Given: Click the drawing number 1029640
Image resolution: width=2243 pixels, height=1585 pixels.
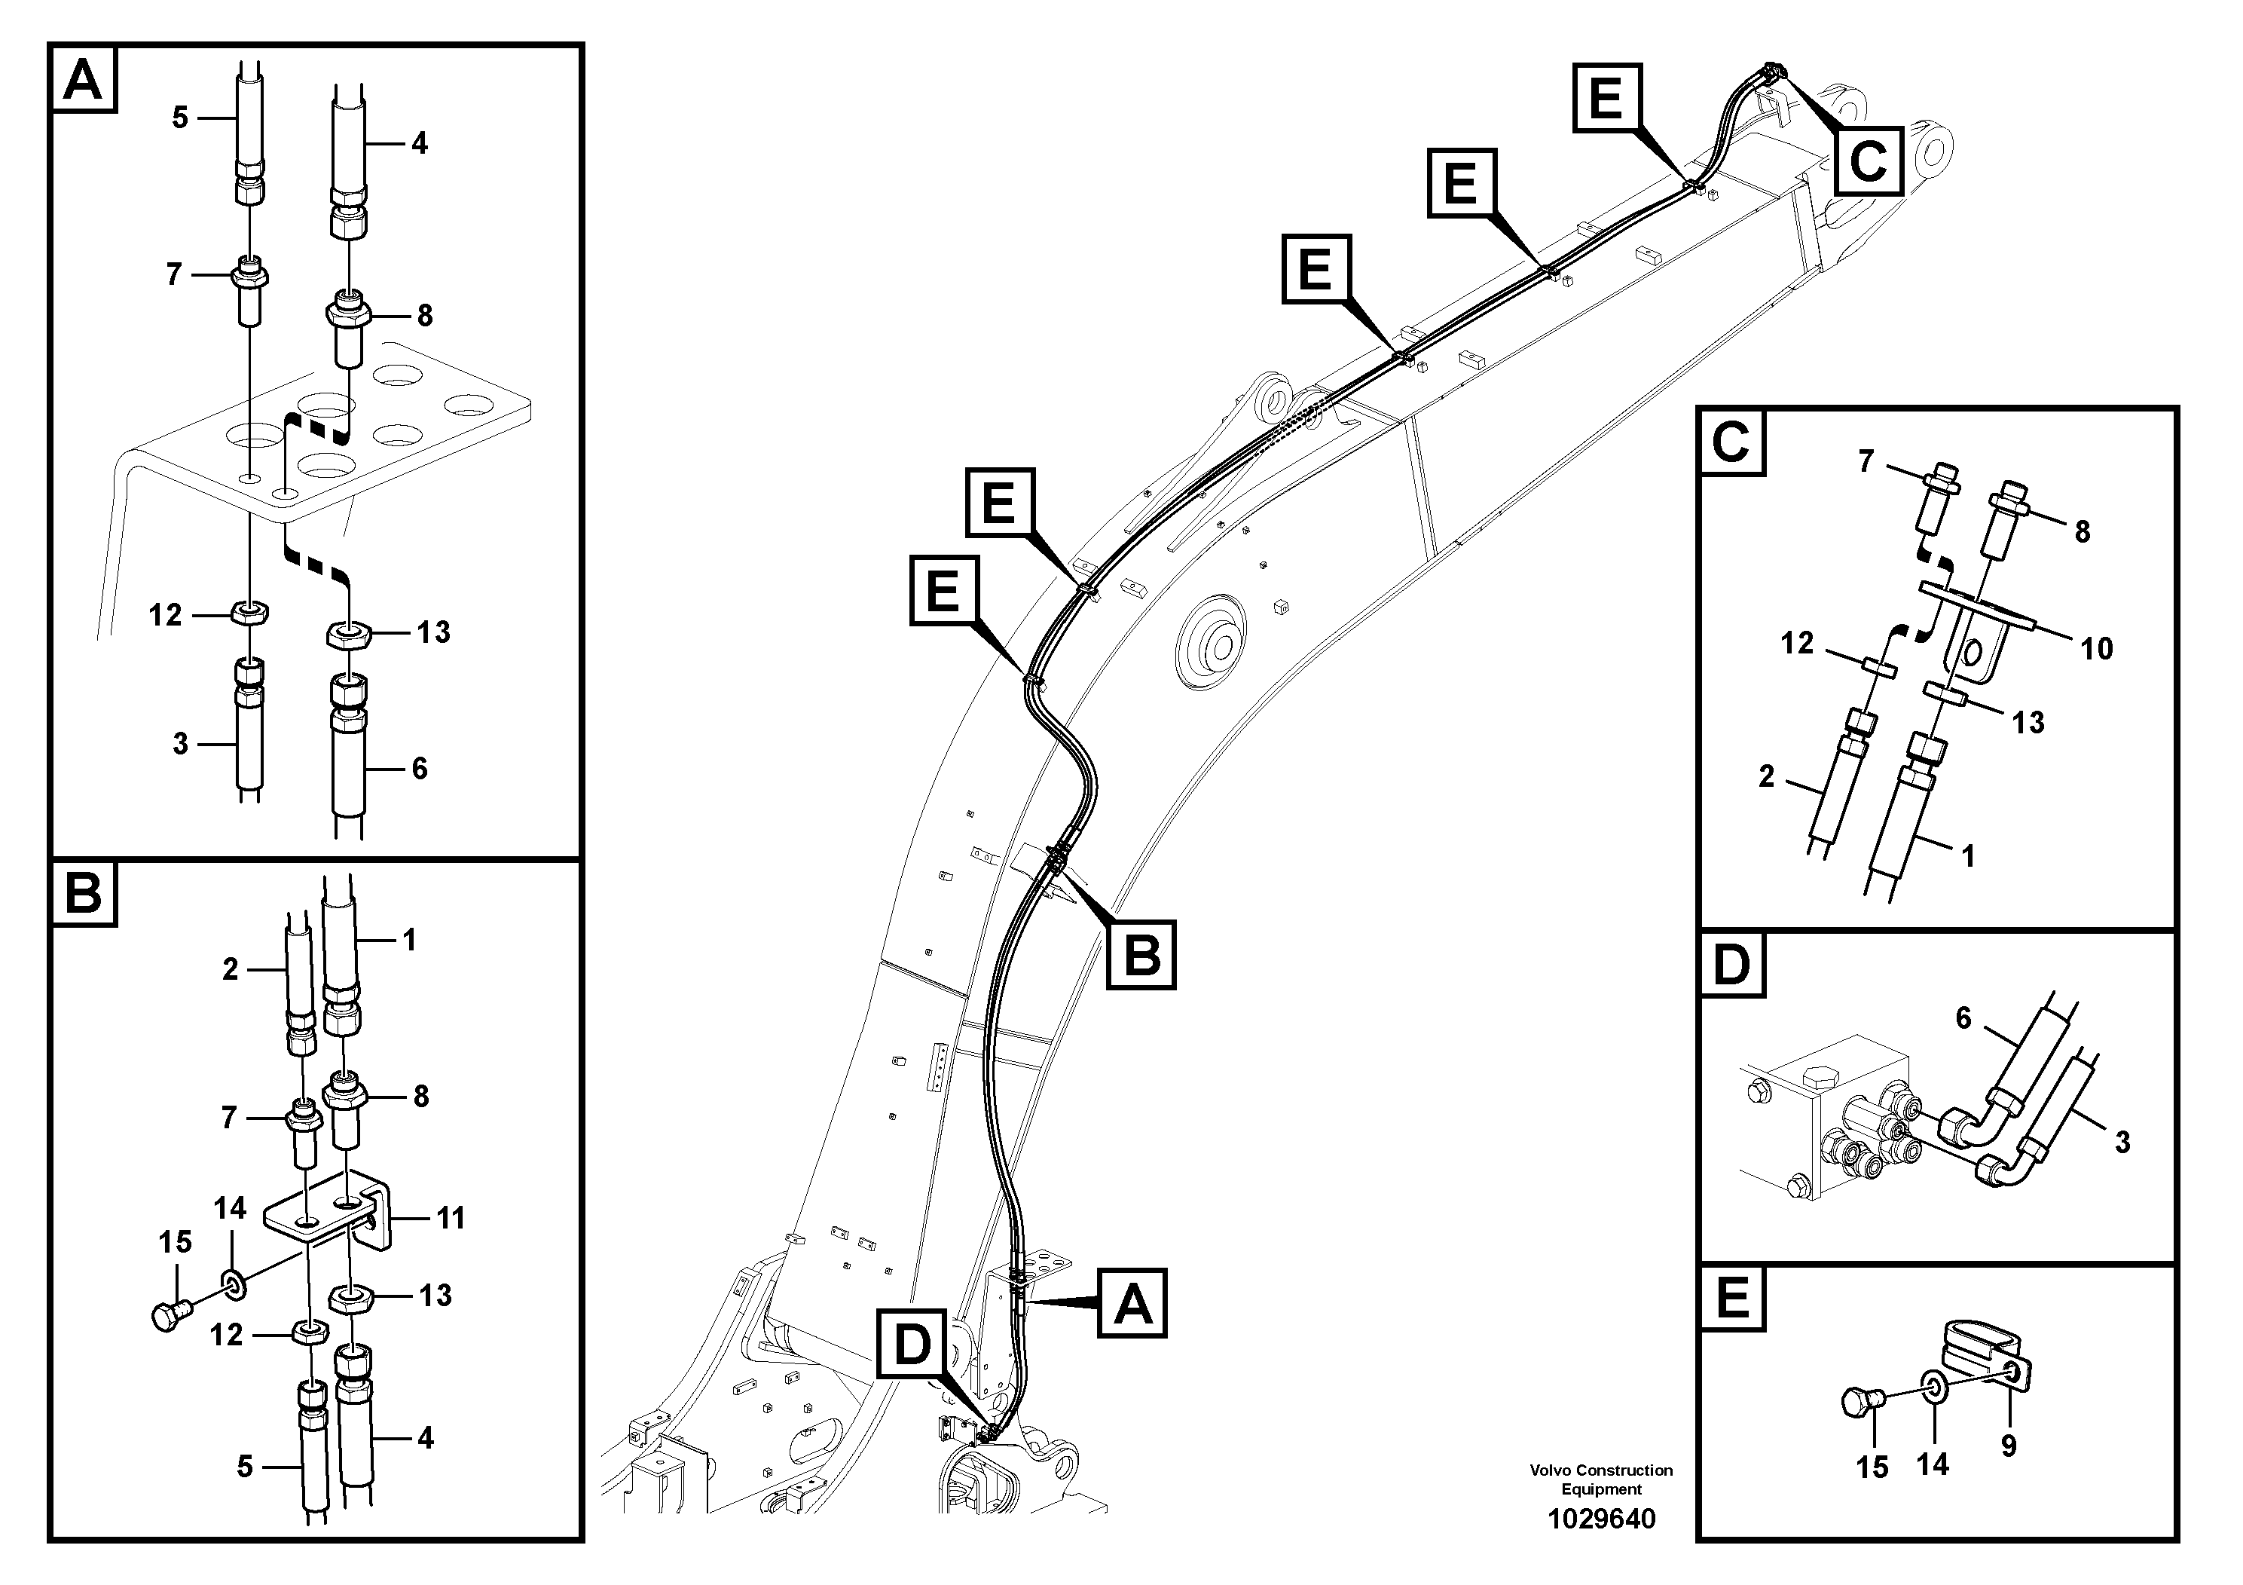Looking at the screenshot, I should click(1601, 1519).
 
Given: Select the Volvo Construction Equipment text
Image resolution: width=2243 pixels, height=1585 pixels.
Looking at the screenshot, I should click(1601, 1479).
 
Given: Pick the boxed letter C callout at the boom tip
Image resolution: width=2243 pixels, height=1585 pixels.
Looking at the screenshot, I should click(1868, 161).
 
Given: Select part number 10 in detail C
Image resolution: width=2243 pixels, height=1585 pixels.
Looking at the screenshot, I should click(2097, 648).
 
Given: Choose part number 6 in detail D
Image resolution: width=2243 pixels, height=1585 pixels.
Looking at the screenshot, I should click(1963, 1018).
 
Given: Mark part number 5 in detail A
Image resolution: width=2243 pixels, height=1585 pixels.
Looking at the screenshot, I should click(180, 118).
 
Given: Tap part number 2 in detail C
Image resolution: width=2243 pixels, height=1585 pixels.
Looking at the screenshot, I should click(1766, 776).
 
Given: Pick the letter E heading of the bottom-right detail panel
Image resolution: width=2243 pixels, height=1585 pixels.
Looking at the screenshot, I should click(1732, 1299).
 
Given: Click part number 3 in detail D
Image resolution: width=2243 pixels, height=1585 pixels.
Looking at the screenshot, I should click(2122, 1141).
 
